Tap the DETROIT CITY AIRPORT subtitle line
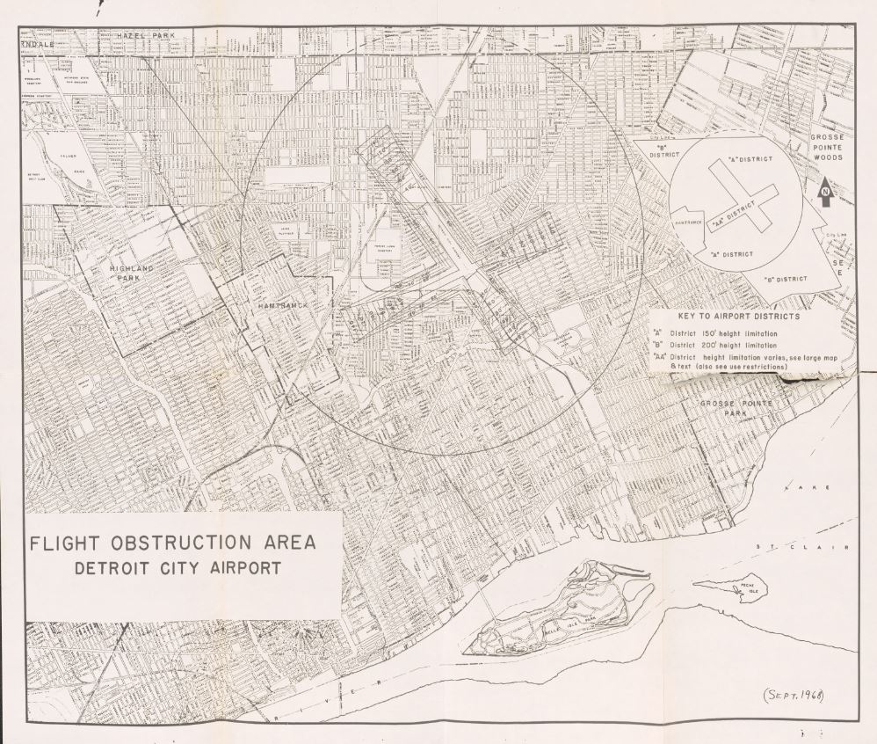[178, 567]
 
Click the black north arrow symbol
[824, 192]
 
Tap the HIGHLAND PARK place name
[132, 272]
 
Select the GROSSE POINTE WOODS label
[827, 148]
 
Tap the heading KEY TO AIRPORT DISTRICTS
[738, 317]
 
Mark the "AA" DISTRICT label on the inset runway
[734, 215]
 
